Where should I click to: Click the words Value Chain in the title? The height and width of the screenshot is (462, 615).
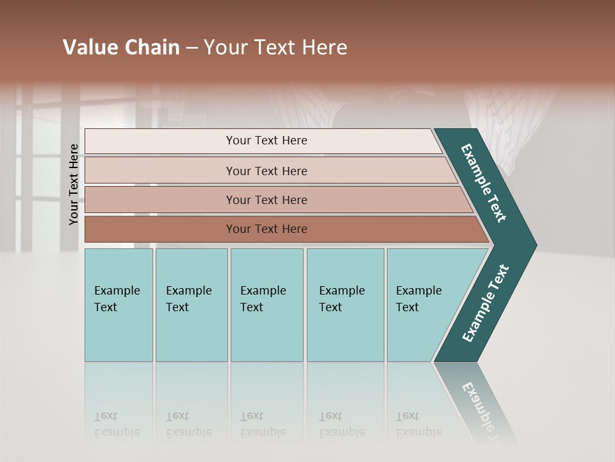(x=121, y=47)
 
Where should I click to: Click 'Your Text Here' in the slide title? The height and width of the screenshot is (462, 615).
(x=275, y=47)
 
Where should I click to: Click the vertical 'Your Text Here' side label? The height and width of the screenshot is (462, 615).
(x=74, y=185)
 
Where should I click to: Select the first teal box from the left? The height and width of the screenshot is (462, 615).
(x=119, y=305)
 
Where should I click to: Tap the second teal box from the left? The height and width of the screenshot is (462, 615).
(x=192, y=305)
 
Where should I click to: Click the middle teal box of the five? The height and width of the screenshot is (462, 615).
(x=266, y=305)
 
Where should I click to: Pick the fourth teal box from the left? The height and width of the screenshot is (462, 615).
(x=345, y=305)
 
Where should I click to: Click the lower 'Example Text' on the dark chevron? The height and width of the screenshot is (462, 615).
(x=486, y=304)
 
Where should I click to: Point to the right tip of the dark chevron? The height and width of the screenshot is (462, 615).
(x=535, y=244)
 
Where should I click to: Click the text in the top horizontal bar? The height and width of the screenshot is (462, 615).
(x=266, y=141)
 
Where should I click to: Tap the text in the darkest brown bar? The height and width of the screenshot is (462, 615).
(x=266, y=229)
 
